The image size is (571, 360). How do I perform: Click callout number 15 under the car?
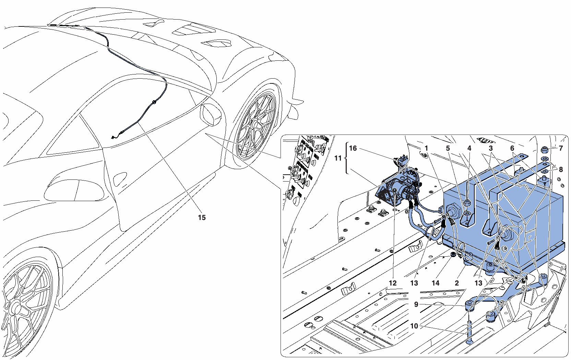tap(202, 218)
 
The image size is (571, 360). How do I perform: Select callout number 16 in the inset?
tap(353, 148)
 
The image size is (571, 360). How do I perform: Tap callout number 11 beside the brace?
tap(338, 159)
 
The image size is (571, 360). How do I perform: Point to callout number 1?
tap(426, 148)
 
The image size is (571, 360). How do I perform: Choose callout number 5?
tap(448, 148)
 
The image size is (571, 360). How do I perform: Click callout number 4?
tap(469, 148)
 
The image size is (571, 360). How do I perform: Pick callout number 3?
tap(491, 148)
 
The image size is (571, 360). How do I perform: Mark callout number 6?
tap(512, 148)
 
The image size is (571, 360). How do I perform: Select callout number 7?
tap(561, 148)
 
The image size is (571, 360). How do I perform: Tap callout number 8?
tap(561, 170)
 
